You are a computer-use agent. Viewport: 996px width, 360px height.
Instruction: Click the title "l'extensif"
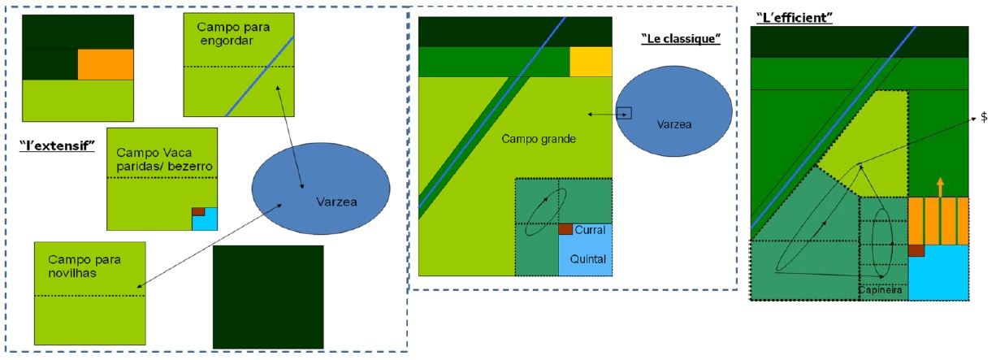[57, 145]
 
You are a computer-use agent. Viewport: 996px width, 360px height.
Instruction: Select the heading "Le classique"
[681, 39]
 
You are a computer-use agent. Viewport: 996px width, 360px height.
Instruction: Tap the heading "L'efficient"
[794, 17]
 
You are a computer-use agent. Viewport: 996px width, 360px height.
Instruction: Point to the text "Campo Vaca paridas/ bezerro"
[160, 158]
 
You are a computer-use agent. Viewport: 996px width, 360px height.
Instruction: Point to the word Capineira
[879, 289]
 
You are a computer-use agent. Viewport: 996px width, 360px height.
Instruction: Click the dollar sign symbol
[984, 117]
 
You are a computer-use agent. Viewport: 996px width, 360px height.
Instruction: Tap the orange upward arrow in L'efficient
[940, 187]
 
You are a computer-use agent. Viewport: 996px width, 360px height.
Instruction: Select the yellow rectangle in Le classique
[590, 62]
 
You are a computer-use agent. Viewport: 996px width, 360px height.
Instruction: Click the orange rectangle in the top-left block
[105, 64]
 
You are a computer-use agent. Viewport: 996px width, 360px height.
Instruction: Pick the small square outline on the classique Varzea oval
[624, 114]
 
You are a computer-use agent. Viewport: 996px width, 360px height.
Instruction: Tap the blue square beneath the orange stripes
[939, 272]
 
